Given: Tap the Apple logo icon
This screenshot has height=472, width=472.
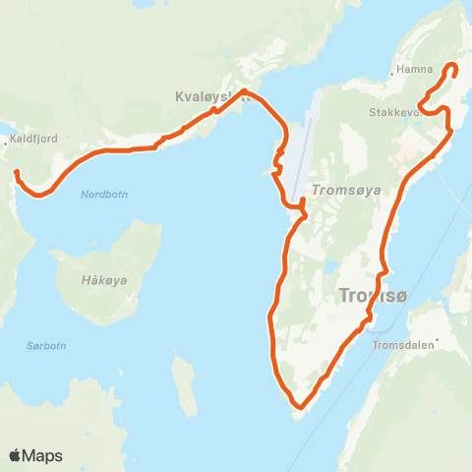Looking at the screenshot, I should [x=16, y=455].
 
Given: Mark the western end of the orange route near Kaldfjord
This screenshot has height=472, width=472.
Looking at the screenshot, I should [x=17, y=174].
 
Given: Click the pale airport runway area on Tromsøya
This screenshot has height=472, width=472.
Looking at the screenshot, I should [x=301, y=147].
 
